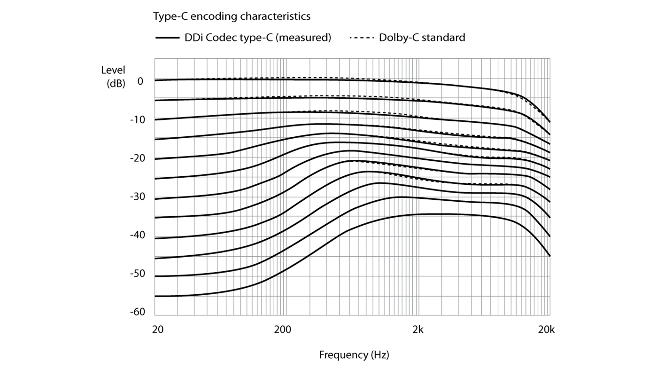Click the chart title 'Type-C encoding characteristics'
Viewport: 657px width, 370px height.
[232, 16]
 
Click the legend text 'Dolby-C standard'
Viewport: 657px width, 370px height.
[422, 38]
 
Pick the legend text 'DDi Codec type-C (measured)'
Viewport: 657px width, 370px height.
[258, 38]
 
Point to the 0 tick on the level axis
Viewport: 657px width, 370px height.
[140, 81]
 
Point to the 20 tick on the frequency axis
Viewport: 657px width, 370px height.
[158, 330]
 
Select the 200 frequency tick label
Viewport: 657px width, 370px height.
[282, 330]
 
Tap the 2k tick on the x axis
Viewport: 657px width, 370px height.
[418, 330]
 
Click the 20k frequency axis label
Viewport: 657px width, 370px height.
[546, 330]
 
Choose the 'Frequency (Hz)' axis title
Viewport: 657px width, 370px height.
[354, 354]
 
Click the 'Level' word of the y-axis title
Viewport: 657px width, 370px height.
[113, 71]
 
